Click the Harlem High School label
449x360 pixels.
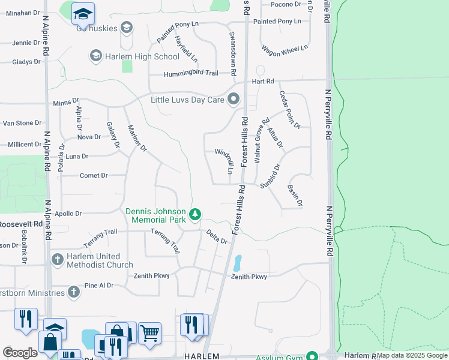(x=142, y=56)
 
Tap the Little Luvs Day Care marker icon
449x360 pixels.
(x=233, y=99)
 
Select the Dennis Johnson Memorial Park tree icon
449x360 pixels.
(x=194, y=214)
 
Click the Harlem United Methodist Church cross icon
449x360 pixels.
(x=58, y=260)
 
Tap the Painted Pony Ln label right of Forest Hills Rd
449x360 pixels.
(x=277, y=21)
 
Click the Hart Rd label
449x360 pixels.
(x=263, y=81)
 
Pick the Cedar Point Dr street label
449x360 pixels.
(x=289, y=109)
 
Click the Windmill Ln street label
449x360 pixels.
(x=224, y=161)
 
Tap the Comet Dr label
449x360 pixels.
(x=93, y=176)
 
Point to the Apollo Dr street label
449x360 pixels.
(x=68, y=213)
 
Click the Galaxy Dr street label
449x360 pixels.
(x=112, y=136)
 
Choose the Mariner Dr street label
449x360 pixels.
(x=137, y=137)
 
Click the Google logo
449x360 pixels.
(x=20, y=353)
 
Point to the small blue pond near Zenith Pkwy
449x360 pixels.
(x=237, y=263)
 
